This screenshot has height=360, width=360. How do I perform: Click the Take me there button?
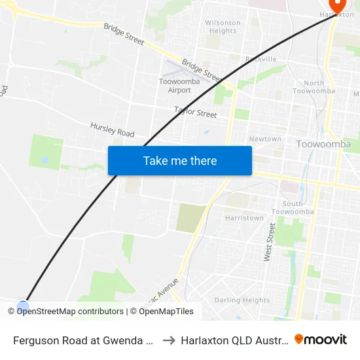(180, 161)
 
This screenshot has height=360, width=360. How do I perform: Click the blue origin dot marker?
(23, 306)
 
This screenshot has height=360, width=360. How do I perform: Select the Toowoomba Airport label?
(175, 86)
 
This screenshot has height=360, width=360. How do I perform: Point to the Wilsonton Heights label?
(223, 27)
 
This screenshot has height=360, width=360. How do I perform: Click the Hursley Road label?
(112, 129)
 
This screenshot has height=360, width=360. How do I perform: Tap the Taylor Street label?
(195, 112)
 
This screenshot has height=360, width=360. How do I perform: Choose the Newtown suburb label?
(265, 139)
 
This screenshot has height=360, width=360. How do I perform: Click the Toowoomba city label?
(323, 144)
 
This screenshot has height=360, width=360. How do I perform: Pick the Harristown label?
(244, 218)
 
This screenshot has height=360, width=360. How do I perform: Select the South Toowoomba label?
(293, 207)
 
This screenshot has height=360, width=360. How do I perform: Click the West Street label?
(268, 242)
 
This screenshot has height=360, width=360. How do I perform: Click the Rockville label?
(261, 59)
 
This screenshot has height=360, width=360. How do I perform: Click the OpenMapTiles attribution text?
(164, 312)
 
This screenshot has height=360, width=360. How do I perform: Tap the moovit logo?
(321, 339)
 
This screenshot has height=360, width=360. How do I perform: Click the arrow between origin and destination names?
(168, 340)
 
